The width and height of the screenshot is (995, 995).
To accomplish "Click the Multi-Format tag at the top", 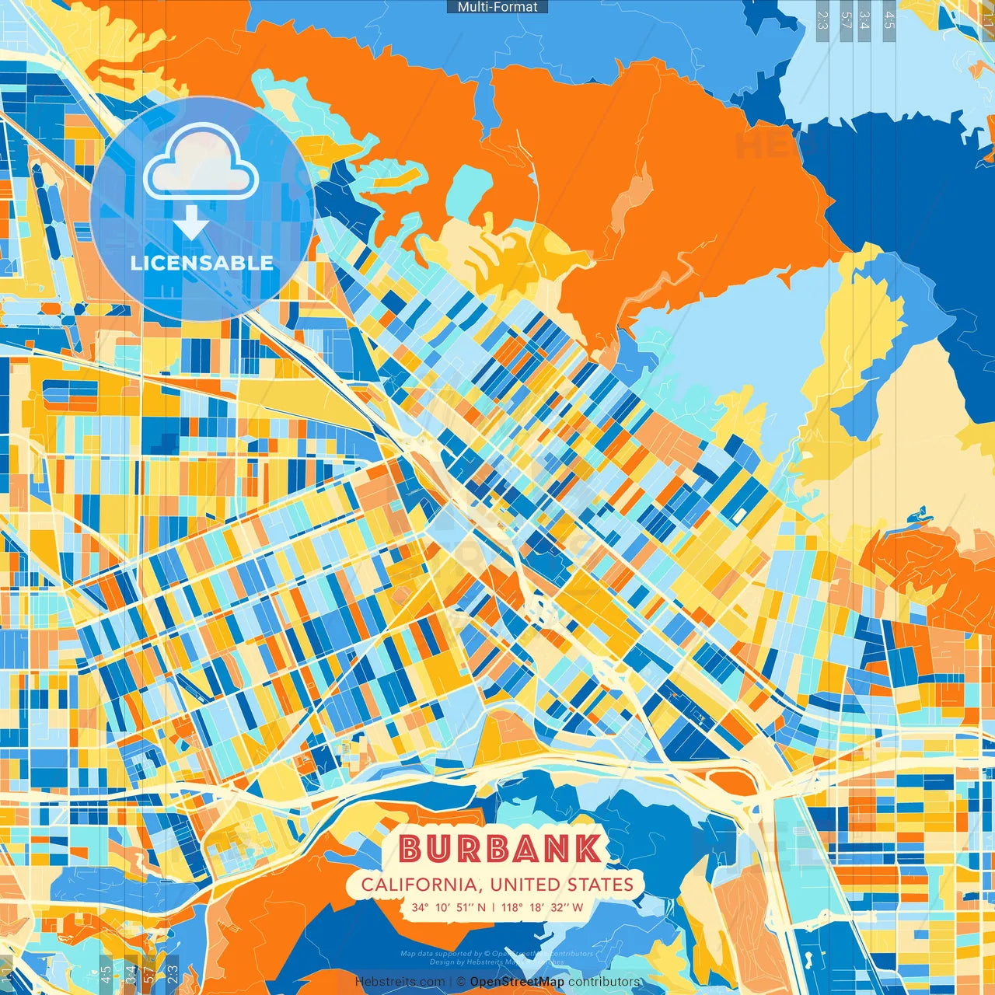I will point(497,7).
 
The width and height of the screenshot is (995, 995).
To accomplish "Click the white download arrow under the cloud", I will point(190,223).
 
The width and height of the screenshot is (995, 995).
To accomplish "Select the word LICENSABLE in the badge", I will point(202,263).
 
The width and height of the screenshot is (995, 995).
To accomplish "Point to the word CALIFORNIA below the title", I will point(419,885).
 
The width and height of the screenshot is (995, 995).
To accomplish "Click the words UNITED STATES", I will point(562,885).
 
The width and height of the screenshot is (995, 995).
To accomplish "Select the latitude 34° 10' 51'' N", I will point(449,907).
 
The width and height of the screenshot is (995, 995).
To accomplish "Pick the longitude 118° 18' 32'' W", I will point(542,907).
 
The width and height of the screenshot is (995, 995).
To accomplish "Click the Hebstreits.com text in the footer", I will point(400,982).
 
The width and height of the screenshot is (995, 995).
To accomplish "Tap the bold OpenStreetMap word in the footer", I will point(517,982).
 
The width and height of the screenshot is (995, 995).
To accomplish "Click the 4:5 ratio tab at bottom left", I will point(106,974).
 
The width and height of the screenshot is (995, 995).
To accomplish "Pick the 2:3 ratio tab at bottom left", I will point(173,974).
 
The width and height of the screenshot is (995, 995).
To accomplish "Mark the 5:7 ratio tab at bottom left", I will point(149,974).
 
